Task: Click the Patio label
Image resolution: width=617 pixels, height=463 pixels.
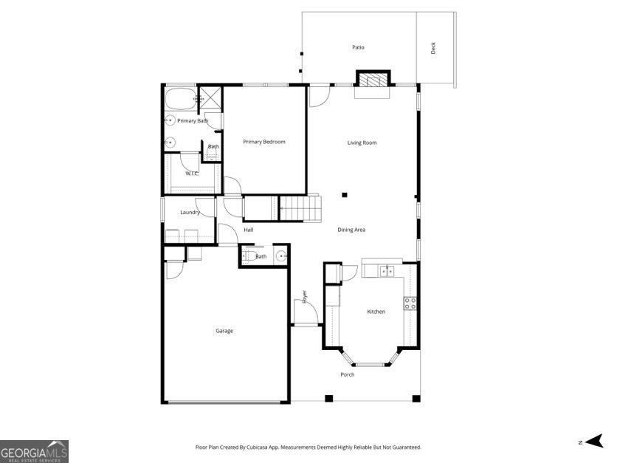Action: [358, 47]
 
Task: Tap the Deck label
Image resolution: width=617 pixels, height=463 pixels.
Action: [433, 48]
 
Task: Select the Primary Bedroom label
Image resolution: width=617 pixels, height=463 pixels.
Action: [264, 142]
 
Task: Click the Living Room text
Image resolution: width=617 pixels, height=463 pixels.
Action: [362, 143]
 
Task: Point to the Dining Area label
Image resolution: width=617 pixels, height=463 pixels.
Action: [351, 230]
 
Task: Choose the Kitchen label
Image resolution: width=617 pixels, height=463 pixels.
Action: [376, 312]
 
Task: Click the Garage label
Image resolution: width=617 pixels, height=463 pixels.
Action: [224, 331]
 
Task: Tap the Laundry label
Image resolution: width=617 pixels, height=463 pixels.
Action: [190, 213]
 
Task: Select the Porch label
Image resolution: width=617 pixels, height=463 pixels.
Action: [347, 374]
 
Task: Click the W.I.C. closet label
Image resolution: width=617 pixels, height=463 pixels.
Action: [192, 174]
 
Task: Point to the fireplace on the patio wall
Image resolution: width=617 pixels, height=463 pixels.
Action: [372, 79]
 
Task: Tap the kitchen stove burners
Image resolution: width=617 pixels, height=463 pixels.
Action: [410, 302]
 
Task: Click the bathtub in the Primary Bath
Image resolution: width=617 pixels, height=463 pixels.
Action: [178, 98]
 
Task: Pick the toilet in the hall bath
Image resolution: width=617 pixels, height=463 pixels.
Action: [250, 257]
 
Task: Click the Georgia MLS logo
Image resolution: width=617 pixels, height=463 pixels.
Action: [34, 450]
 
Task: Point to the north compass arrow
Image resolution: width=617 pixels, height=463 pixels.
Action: [593, 442]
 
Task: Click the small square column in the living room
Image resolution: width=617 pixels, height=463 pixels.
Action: [345, 195]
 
